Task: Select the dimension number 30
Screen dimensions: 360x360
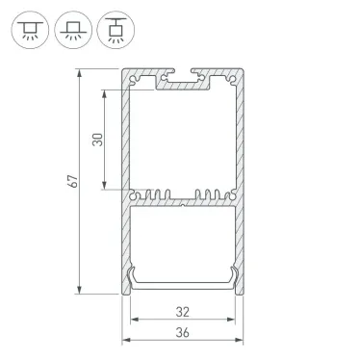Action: click(x=96, y=140)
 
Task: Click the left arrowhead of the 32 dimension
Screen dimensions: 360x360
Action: click(x=134, y=322)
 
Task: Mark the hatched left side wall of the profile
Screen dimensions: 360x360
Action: click(x=125, y=183)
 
